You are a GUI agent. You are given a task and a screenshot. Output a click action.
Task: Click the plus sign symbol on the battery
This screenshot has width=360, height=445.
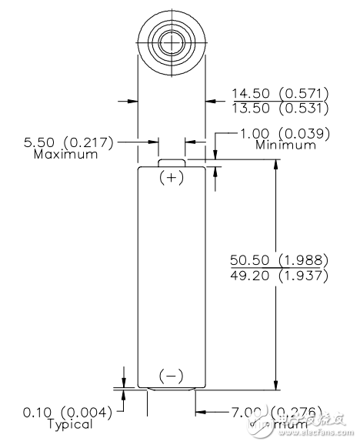pyautogui.click(x=172, y=178)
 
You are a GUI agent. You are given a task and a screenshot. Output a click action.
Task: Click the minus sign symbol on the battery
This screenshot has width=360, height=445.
pyautogui.click(x=172, y=376)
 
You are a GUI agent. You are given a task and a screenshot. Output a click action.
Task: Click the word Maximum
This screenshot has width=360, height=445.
pyautogui.click(x=66, y=154)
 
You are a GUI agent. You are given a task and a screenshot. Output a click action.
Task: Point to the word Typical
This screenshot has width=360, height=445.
pyautogui.click(x=69, y=423)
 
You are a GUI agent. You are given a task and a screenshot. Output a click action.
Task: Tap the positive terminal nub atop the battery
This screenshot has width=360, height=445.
pyautogui.click(x=172, y=162)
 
